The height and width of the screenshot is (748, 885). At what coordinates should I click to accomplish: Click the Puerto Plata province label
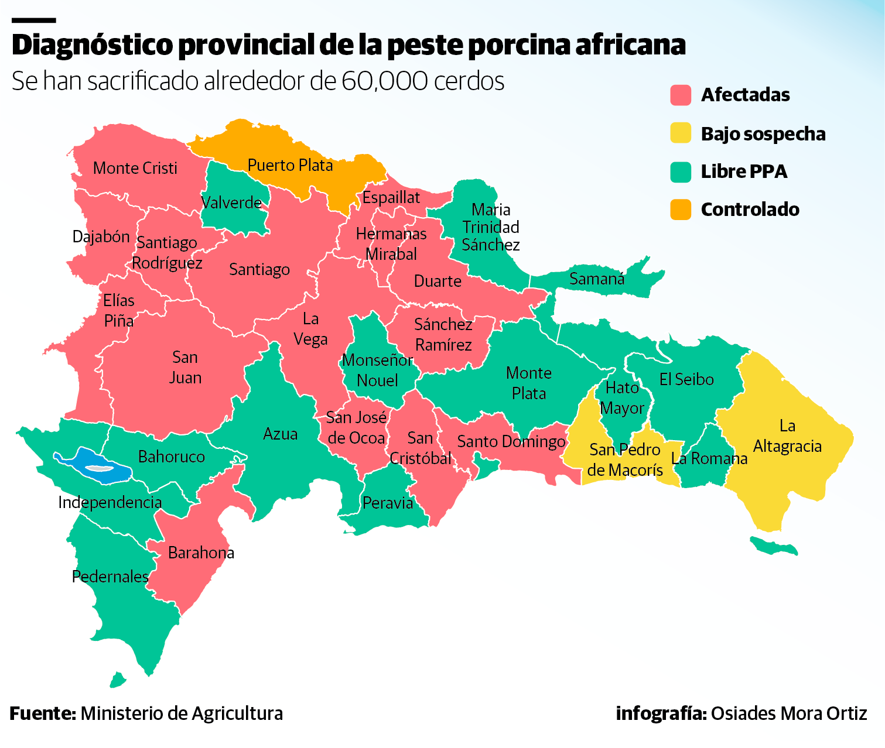pyautogui.click(x=290, y=166)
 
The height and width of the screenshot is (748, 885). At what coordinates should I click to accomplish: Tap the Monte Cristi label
pyautogui.click(x=135, y=169)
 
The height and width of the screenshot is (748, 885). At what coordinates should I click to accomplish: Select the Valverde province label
pyautogui.click(x=231, y=203)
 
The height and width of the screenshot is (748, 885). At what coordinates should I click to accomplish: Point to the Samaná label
pyautogui.click(x=597, y=279)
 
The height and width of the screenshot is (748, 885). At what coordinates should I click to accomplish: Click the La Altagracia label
pyautogui.click(x=787, y=436)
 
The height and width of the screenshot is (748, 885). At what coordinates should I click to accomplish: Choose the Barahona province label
pyautogui.click(x=201, y=553)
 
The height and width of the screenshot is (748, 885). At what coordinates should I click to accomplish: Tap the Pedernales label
pyautogui.click(x=110, y=577)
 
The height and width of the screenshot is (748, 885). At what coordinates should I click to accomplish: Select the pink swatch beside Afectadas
pyautogui.click(x=681, y=95)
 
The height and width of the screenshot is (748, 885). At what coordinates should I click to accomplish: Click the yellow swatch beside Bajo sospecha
pyautogui.click(x=681, y=133)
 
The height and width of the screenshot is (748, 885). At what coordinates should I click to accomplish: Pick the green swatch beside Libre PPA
pyautogui.click(x=681, y=171)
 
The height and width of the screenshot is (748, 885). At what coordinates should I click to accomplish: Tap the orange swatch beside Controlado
pyautogui.click(x=681, y=210)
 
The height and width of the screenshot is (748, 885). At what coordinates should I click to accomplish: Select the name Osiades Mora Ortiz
pyautogui.click(x=788, y=713)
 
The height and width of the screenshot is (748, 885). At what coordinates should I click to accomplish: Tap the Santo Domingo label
pyautogui.click(x=511, y=441)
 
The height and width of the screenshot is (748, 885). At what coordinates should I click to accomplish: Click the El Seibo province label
pyautogui.click(x=686, y=380)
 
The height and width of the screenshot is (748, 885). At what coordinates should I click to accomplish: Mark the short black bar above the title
pyautogui.click(x=33, y=20)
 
